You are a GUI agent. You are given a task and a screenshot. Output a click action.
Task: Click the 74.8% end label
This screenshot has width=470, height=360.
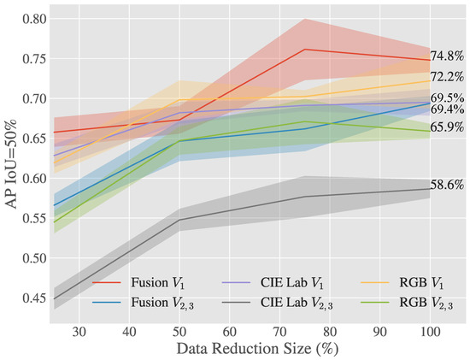click(x=447, y=56)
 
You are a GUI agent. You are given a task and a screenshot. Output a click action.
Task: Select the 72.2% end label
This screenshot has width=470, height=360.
click(x=447, y=77)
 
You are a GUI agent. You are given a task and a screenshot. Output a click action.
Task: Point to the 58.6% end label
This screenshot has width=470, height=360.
click(x=447, y=185)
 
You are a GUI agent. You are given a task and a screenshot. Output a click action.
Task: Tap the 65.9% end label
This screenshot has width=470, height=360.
click(x=447, y=127)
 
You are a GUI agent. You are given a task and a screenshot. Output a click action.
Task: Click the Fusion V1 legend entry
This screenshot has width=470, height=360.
click(x=138, y=283)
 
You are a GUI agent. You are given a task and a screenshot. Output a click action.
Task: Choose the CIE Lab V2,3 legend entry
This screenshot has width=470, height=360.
click(x=277, y=303)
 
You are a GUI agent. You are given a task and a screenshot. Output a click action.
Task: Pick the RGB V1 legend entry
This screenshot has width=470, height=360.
click(x=402, y=283)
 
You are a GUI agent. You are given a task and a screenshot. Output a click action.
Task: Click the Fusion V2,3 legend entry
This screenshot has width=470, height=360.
click(x=143, y=303)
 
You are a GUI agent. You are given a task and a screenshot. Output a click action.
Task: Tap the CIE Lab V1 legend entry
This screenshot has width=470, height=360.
click(x=273, y=283)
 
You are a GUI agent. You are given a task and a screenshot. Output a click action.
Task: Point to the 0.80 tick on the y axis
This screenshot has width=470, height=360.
click(x=34, y=19)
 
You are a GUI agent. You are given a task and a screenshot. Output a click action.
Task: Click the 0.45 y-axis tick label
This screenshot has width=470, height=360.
click(x=34, y=298)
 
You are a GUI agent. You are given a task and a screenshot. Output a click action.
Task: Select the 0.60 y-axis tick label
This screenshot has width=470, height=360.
click(x=34, y=179)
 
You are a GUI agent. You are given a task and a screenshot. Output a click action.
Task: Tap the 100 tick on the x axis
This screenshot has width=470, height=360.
click(x=430, y=332)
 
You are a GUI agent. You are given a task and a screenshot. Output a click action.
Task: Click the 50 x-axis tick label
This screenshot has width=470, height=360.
click(x=179, y=332)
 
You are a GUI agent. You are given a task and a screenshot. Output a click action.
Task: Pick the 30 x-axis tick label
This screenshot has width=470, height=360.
click(x=79, y=332)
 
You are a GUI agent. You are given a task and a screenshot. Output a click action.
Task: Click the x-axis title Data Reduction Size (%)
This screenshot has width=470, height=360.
click(x=257, y=349)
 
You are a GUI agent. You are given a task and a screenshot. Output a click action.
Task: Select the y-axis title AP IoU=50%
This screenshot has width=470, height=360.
click(x=12, y=163)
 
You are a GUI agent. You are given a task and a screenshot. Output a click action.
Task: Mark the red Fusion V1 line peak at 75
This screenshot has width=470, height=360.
click(x=304, y=50)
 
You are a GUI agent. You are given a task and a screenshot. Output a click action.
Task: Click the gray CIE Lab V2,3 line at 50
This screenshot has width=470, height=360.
click(x=179, y=220)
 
